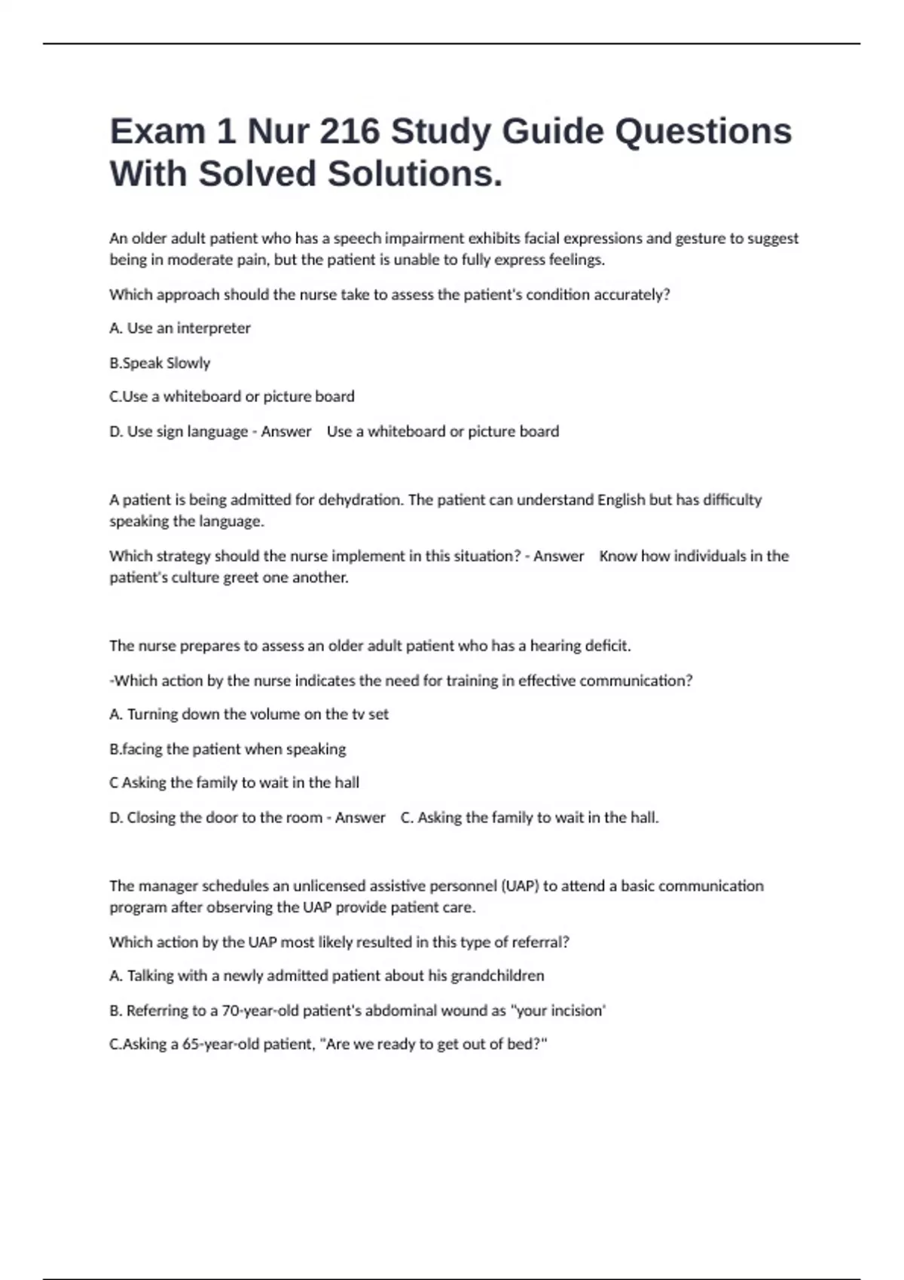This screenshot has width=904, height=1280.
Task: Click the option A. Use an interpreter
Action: coord(180,328)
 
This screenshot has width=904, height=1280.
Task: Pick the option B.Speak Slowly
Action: coord(160,363)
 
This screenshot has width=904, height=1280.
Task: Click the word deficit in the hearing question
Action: coord(604,646)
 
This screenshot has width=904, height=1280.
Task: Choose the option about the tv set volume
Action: coord(249,715)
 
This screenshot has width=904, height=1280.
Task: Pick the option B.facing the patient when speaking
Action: coord(228,749)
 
